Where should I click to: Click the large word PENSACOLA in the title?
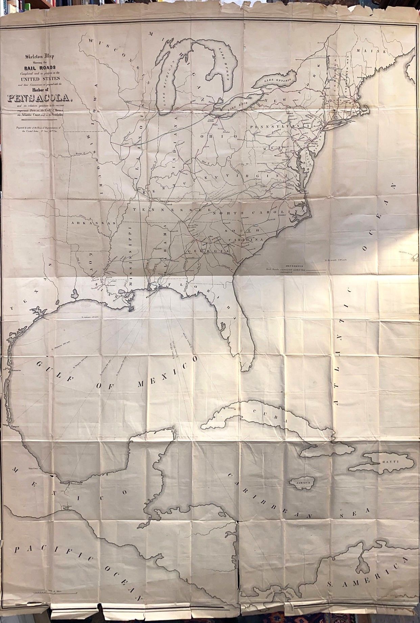tap(40, 99)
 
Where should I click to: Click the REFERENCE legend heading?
tap(295, 266)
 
